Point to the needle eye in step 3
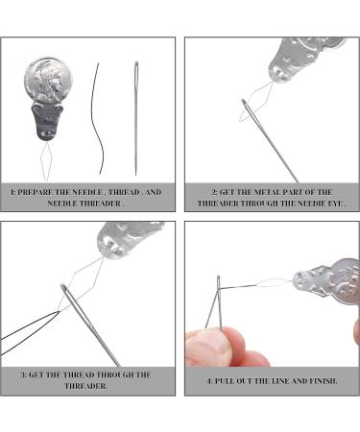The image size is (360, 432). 64,300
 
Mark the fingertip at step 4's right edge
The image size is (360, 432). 355,332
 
